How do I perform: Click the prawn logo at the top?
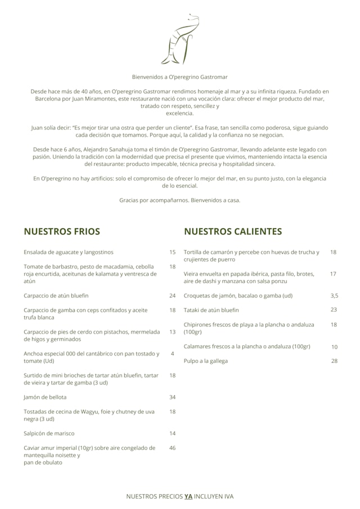coord(179,39)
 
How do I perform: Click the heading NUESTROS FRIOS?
coord(62,231)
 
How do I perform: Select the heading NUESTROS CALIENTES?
coord(233,231)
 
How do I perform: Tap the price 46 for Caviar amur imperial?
coord(172,448)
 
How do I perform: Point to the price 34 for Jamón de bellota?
coord(172,397)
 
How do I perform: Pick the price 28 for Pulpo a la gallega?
coord(334,361)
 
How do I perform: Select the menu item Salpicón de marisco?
coord(49,434)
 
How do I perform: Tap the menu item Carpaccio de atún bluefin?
coord(56,295)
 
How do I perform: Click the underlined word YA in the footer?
coord(188,497)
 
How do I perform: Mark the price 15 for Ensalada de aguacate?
coord(172,252)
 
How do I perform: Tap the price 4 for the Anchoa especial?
coord(172,354)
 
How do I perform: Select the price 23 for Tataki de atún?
coord(334,310)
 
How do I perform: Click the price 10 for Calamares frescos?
coord(334,346)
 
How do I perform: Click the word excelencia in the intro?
coord(179,113)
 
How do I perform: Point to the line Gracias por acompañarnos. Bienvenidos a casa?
coord(179,200)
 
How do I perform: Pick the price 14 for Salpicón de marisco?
coord(172,434)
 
